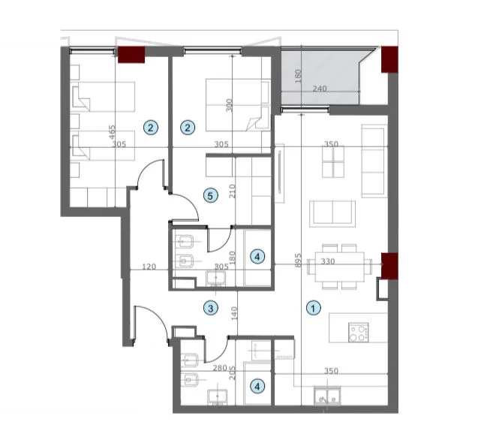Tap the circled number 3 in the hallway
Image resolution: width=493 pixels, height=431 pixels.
[212, 308]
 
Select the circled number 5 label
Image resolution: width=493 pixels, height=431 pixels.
[211, 196]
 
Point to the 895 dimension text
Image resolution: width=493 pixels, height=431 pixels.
[298, 261]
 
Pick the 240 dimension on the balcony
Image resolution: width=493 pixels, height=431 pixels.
[320, 89]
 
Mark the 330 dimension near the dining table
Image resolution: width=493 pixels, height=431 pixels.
[327, 262]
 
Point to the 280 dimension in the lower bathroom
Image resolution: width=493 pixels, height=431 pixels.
[218, 369]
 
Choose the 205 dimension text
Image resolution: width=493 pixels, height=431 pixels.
[233, 372]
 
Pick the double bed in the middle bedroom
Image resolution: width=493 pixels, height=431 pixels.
[237, 104]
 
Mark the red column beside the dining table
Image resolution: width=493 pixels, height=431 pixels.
[389, 264]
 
